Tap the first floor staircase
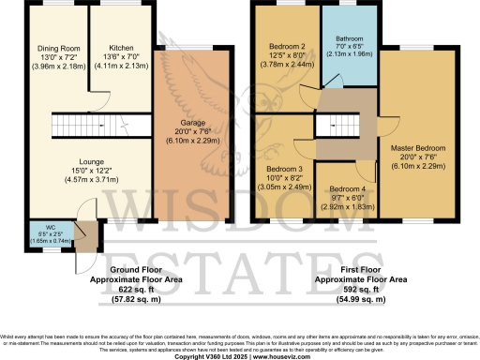pos(335,125)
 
